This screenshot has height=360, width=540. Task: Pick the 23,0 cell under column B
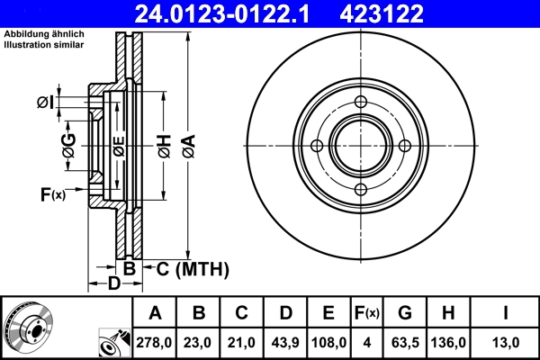click(200, 343)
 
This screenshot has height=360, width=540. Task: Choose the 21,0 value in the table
click(242, 343)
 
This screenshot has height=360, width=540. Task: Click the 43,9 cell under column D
click(285, 343)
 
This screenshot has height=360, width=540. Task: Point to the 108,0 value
click(328, 343)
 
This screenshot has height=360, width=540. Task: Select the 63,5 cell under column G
click(405, 343)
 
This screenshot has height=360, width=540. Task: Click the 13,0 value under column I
click(507, 343)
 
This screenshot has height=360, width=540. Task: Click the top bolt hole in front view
click(361, 103)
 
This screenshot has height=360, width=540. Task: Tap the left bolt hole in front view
click(317, 146)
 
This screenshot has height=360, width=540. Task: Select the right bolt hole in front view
click(404, 146)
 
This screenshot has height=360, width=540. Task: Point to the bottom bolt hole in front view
click(361, 189)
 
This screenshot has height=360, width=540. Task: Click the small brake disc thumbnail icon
click(29, 326)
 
